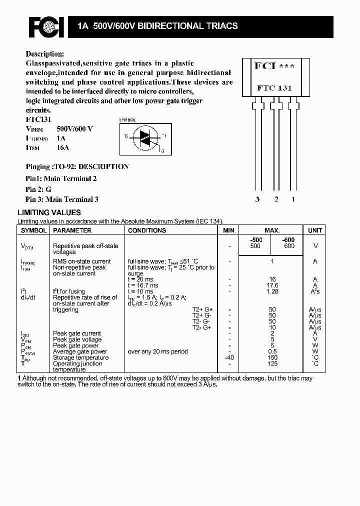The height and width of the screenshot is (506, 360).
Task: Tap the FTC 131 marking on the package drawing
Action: [274, 88]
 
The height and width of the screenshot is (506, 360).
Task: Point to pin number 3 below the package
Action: [257, 199]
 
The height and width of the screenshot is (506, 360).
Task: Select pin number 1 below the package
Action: [293, 199]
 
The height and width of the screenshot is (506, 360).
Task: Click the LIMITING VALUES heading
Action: [49, 212]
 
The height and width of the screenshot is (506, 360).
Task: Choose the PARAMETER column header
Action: [72, 230]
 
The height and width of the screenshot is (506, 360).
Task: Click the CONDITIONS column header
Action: [147, 230]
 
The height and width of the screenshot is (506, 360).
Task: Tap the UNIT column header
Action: [315, 230]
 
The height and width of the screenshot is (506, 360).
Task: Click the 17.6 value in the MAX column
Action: [272, 285]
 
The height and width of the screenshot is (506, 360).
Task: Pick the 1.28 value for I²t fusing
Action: [272, 291]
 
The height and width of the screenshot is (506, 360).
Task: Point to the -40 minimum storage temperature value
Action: [229, 357]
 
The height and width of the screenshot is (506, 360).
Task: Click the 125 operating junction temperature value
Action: [272, 363]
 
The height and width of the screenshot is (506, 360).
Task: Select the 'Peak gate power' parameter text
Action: [77, 345]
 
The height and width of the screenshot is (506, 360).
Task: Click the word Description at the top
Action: [44, 54]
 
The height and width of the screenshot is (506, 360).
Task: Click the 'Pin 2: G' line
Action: [38, 189]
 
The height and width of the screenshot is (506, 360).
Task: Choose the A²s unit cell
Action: [315, 291]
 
